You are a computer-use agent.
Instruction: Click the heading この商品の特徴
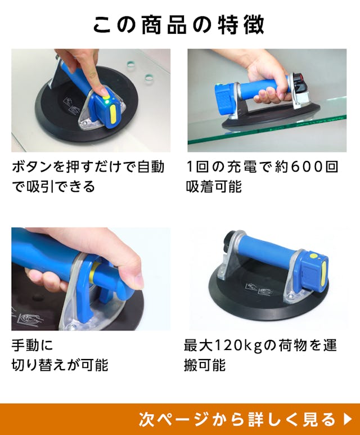point(179,25)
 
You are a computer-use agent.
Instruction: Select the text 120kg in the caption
point(239,346)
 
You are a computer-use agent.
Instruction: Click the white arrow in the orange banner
point(348,419)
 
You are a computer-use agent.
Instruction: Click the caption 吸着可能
point(214,186)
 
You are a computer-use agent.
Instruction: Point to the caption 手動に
point(32,346)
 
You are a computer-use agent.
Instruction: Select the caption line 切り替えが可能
point(60,365)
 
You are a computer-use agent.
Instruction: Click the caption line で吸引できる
point(53,186)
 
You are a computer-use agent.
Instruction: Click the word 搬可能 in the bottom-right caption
point(205,365)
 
